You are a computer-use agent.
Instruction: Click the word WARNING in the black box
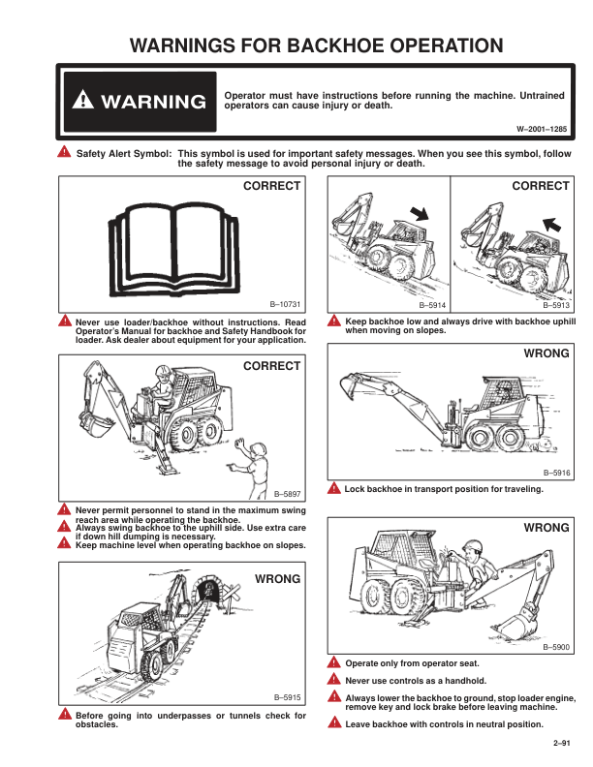coord(153,102)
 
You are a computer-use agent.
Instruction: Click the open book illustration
coord(173,250)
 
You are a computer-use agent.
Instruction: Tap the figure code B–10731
coord(285,304)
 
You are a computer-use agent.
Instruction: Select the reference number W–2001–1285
coord(542,129)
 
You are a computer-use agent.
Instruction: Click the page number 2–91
coord(562,743)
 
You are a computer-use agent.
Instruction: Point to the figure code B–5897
coord(287,494)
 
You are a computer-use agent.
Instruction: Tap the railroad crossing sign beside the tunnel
coord(232,595)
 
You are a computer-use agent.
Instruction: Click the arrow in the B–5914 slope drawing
coord(419,213)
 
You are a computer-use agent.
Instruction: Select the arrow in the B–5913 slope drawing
coord(551,224)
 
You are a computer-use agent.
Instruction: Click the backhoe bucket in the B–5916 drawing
coord(350,385)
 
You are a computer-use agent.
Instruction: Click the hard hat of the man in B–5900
coord(473,546)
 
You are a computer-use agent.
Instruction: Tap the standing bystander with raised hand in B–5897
coord(253,468)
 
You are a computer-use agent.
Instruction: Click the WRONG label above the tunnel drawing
coord(277,579)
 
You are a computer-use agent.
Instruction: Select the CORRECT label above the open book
coord(271,186)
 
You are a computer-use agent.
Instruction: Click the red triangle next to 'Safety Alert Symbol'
coord(64,152)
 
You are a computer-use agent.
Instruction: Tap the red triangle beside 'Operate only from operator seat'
coord(333,662)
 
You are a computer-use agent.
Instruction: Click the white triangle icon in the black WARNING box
coord(83,100)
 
